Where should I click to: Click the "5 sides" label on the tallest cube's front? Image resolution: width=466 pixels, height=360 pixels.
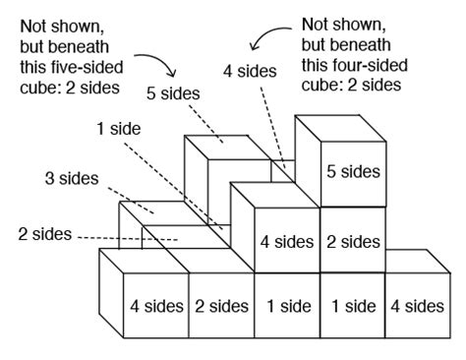(x=352, y=171)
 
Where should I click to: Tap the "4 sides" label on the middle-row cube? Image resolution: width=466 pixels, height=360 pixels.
(x=286, y=240)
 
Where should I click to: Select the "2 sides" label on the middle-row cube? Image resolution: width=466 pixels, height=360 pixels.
(x=352, y=240)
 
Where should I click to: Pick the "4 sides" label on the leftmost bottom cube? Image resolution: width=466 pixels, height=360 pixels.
(x=153, y=305)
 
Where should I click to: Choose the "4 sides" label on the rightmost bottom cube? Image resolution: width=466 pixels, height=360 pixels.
(x=417, y=305)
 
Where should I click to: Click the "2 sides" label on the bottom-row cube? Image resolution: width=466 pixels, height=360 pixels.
(x=220, y=305)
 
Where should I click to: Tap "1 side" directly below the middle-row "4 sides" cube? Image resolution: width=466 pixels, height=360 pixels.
(x=286, y=305)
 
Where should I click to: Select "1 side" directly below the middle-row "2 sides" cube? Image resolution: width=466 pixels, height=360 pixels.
(x=352, y=305)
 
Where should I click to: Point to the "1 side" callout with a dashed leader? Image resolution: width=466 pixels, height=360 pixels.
(x=119, y=128)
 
